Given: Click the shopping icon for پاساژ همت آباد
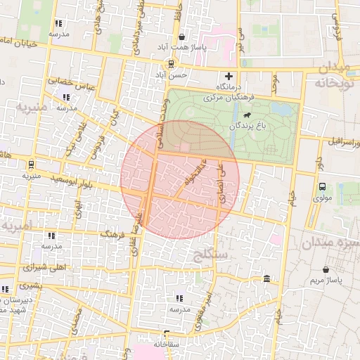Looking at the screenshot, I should pyautogui.click(x=182, y=37).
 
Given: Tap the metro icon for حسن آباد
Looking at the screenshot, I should pyautogui.click(x=171, y=63).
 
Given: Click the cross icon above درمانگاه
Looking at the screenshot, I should pyautogui.click(x=228, y=76).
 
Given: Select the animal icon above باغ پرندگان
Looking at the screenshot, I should pyautogui.click(x=247, y=115).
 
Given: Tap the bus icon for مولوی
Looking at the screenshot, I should pyautogui.click(x=322, y=187).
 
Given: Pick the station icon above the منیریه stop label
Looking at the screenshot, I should pyautogui.click(x=30, y=165).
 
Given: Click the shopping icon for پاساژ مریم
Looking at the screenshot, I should pyautogui.click(x=326, y=269).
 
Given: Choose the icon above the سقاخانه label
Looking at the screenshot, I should pyautogui.click(x=167, y=334).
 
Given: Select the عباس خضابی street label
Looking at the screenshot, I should pyautogui.click(x=71, y=83).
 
